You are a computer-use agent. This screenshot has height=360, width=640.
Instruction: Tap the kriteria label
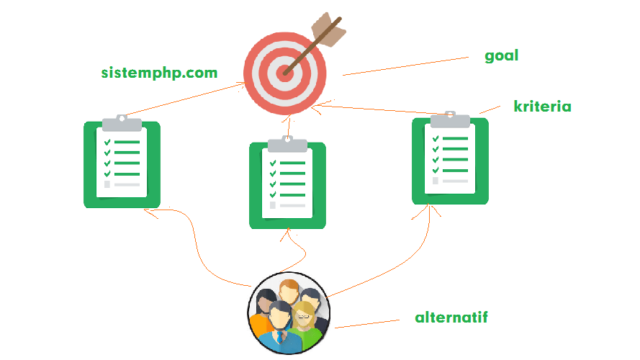[542, 107]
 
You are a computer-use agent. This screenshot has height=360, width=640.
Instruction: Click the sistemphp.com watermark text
[159, 73]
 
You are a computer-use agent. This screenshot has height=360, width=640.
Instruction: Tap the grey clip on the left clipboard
[122, 123]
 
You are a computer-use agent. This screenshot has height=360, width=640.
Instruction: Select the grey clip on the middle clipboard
[287, 144]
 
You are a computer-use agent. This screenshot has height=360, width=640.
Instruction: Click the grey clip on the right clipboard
[450, 120]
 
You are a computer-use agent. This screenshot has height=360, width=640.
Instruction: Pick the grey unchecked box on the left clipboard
[107, 184]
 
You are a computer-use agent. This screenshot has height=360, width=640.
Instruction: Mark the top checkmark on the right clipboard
[435, 139]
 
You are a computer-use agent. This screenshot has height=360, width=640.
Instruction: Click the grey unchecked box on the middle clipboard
[272, 205]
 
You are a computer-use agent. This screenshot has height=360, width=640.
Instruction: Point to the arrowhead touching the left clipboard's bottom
[146, 210]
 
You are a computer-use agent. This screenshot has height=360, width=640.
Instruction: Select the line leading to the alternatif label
[367, 323]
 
